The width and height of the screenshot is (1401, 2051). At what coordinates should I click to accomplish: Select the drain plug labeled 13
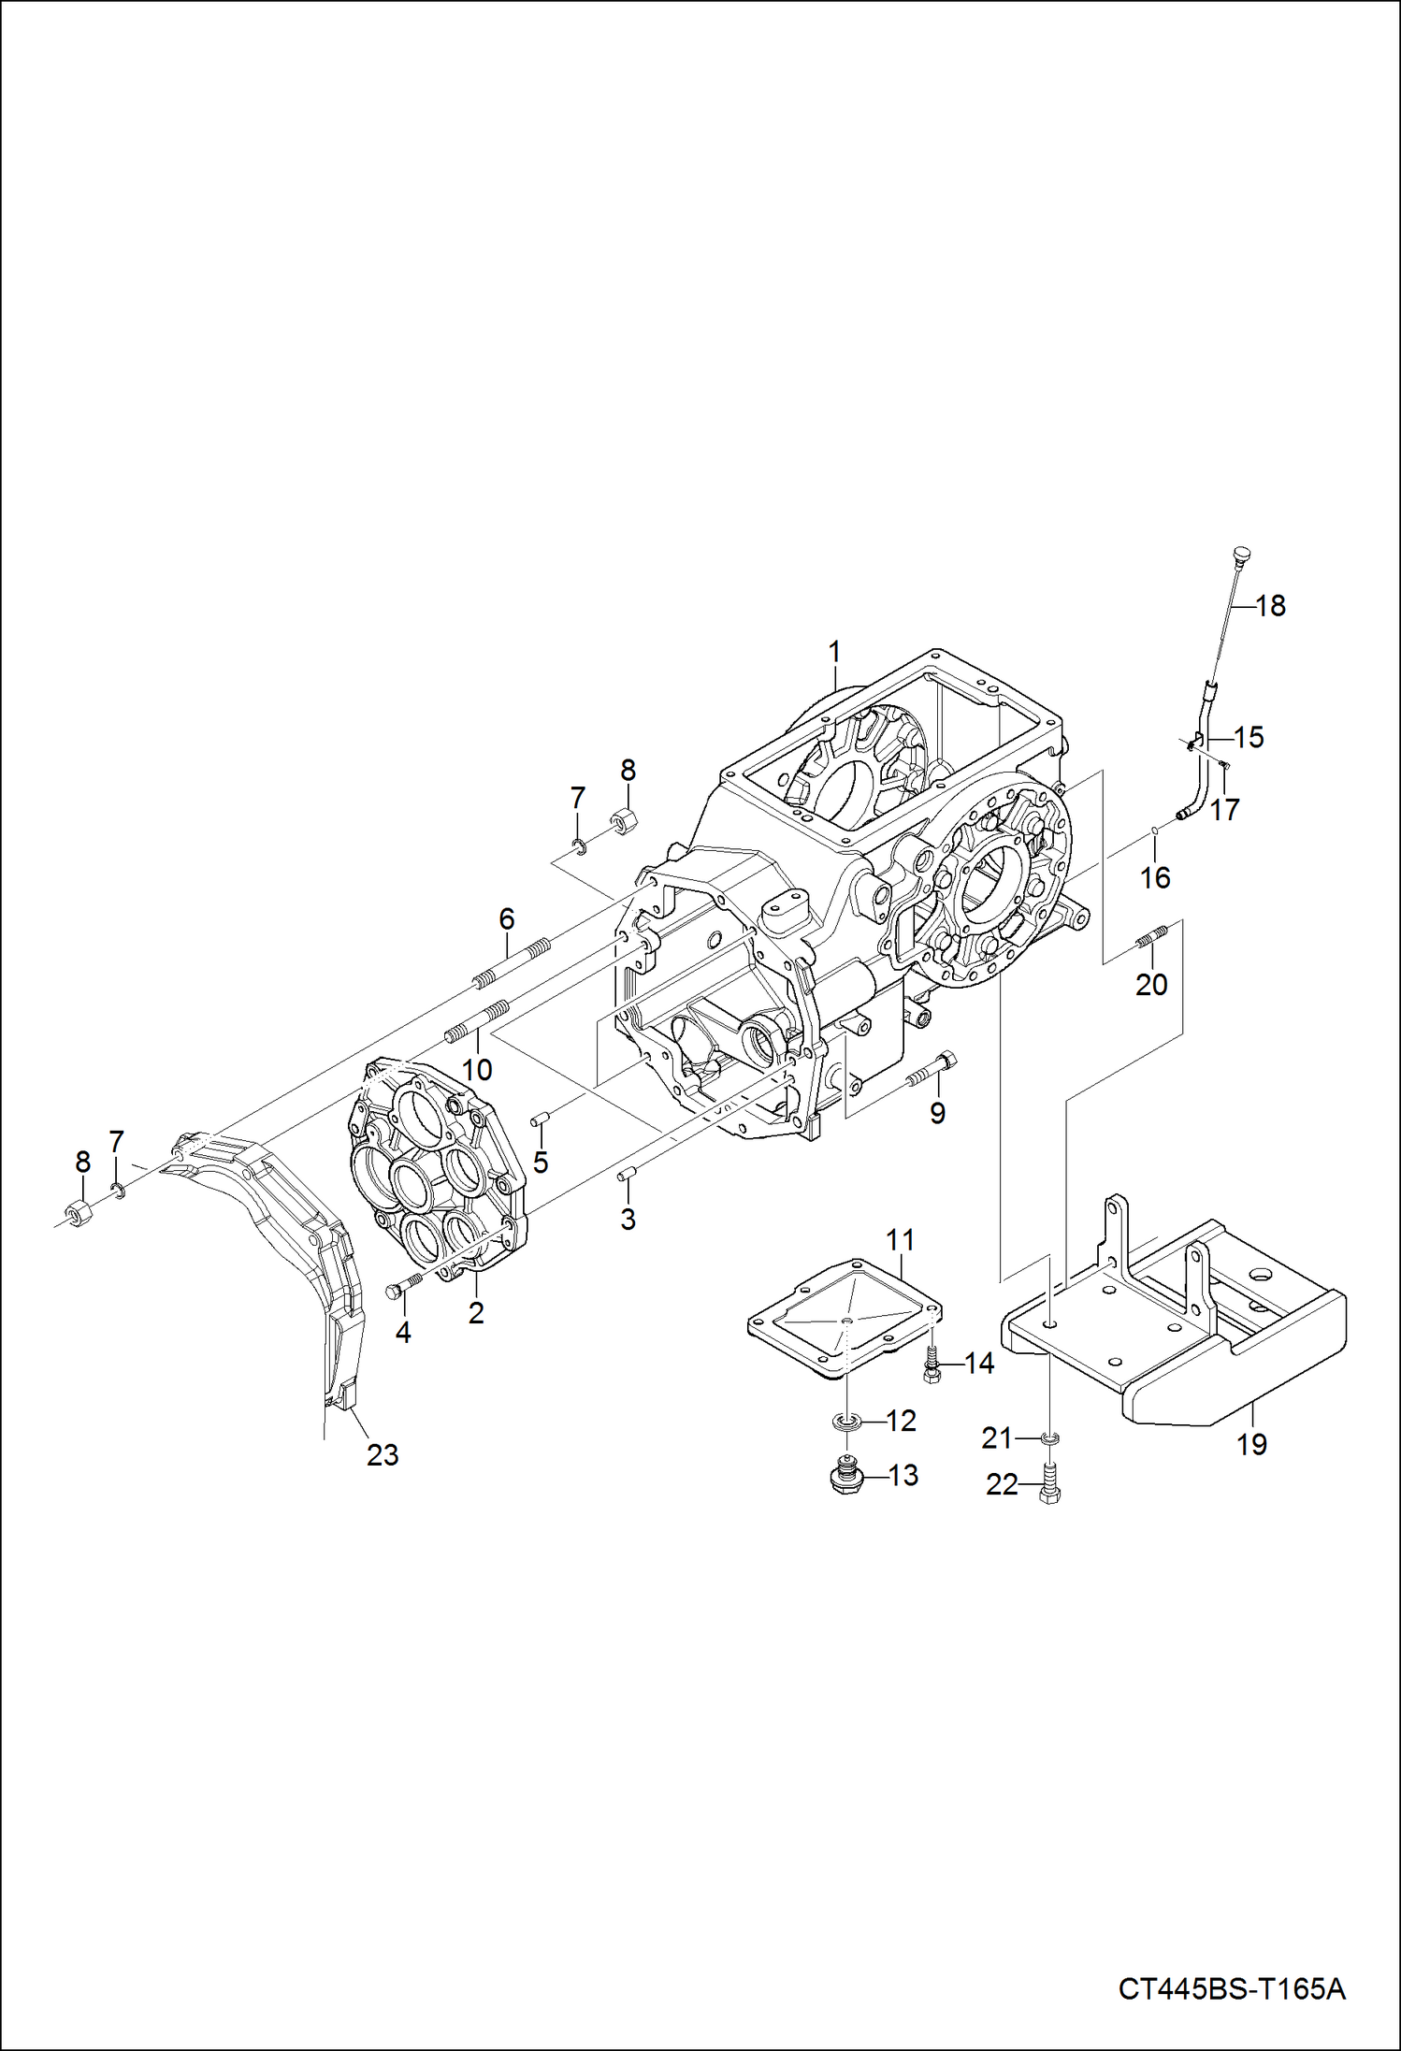pyautogui.click(x=845, y=1479)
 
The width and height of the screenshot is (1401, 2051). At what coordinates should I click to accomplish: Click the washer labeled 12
pyautogui.click(x=846, y=1423)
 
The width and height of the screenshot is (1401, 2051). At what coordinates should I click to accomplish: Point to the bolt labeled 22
pyautogui.click(x=1049, y=1483)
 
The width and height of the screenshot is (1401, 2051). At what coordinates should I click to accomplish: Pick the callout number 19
pyautogui.click(x=1250, y=1444)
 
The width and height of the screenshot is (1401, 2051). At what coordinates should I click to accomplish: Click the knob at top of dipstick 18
pyautogui.click(x=1242, y=555)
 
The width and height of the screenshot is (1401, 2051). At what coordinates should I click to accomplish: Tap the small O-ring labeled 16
pyautogui.click(x=1155, y=829)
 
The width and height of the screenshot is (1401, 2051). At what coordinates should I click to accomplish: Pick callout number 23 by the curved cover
pyautogui.click(x=382, y=1454)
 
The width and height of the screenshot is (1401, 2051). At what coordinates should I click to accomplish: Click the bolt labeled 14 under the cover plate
pyautogui.click(x=931, y=1368)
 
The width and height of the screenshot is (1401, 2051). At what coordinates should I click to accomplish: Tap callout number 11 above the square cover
pyautogui.click(x=899, y=1240)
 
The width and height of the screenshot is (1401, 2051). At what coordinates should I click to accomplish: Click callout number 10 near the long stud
pyautogui.click(x=477, y=1069)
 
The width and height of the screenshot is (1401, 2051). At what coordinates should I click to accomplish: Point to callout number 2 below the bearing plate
pyautogui.click(x=476, y=1313)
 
